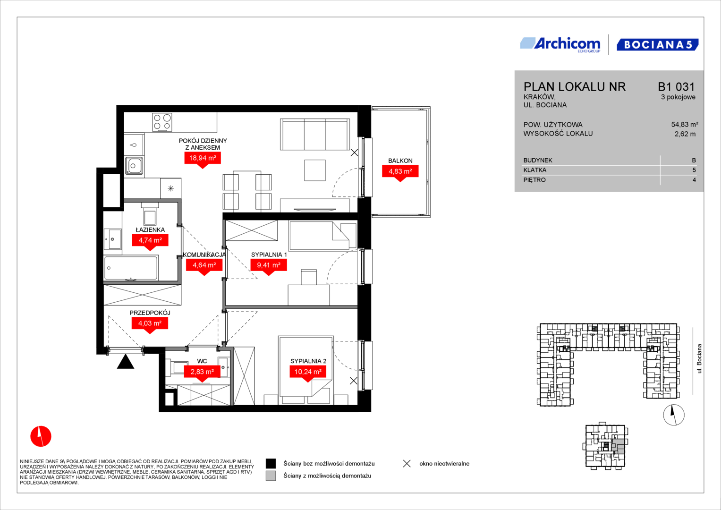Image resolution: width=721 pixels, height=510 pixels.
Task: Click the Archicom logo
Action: (560, 45)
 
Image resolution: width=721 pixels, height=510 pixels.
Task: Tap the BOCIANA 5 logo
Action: (658, 44)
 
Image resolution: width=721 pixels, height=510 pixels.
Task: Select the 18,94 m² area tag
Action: (203, 158)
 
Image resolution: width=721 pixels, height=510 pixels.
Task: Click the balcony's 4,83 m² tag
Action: (400, 171)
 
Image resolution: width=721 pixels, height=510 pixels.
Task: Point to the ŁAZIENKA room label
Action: (150, 229)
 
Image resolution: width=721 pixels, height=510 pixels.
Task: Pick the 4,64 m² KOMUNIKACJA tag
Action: (204, 265)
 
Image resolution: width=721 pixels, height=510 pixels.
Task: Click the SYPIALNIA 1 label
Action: (269, 255)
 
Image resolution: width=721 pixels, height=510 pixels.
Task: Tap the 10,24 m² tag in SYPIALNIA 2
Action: (308, 372)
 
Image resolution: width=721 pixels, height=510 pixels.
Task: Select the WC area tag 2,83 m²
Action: (202, 372)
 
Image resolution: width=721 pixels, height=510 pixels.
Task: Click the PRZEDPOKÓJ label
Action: (150, 313)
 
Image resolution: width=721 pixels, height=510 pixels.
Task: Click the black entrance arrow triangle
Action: (125, 362)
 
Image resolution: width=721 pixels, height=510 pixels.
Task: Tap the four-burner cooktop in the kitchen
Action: (162, 122)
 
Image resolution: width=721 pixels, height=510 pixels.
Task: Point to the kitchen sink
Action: (134, 166)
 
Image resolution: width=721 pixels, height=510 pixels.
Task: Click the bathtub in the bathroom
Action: (131, 268)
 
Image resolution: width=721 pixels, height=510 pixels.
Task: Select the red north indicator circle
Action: (41, 436)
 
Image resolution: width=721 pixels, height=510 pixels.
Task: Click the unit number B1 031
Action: (676, 86)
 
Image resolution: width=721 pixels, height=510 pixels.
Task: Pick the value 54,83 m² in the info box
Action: (685, 124)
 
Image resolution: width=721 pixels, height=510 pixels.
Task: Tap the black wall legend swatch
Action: (271, 464)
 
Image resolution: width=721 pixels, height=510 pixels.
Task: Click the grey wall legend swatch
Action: (271, 476)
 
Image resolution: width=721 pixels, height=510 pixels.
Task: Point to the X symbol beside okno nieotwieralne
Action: (407, 464)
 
